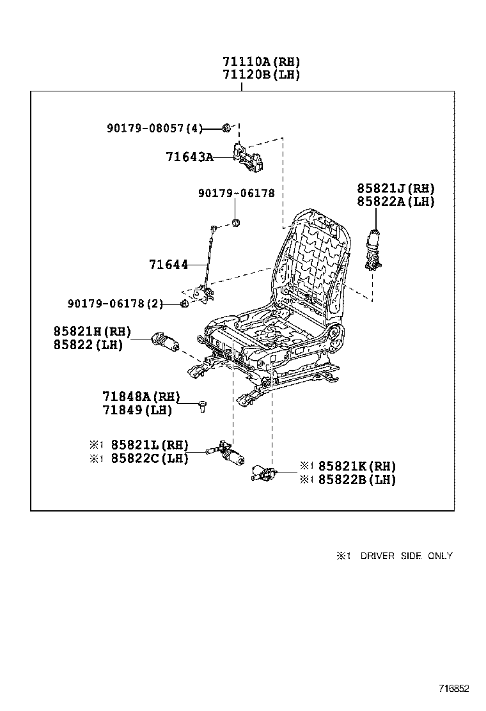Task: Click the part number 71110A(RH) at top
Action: point(261,62)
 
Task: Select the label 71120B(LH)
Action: point(261,75)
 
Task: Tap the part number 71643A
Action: point(189,157)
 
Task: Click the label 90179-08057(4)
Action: point(154,129)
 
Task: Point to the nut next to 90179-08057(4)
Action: point(226,129)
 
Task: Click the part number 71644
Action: point(168,264)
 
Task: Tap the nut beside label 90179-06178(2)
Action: point(183,304)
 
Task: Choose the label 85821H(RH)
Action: point(92,331)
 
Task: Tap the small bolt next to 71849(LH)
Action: point(202,406)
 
